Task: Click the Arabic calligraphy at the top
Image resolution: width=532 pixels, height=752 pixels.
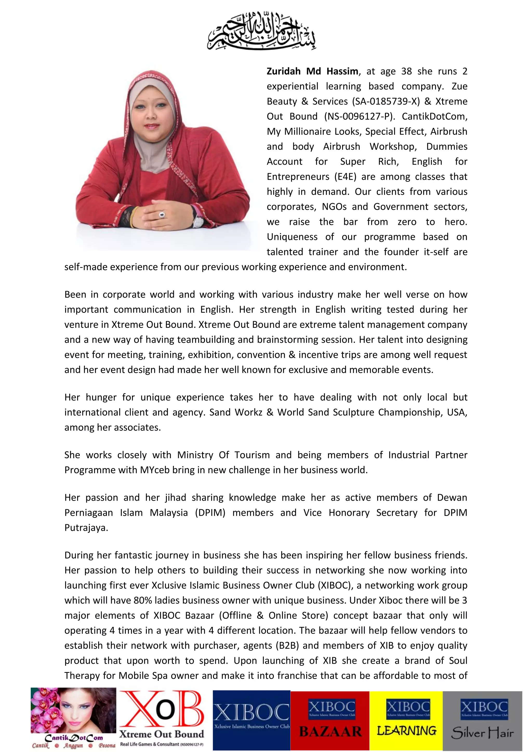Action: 261,31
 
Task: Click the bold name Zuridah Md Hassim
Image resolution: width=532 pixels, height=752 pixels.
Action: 312,71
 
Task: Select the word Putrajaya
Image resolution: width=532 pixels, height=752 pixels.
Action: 85,528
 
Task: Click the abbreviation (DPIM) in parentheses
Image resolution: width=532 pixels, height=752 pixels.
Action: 210,513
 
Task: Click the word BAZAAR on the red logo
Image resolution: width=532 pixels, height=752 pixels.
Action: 330,732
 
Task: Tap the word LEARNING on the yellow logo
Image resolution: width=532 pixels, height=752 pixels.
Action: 407,731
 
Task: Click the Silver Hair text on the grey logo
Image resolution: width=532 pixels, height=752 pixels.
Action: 482,733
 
